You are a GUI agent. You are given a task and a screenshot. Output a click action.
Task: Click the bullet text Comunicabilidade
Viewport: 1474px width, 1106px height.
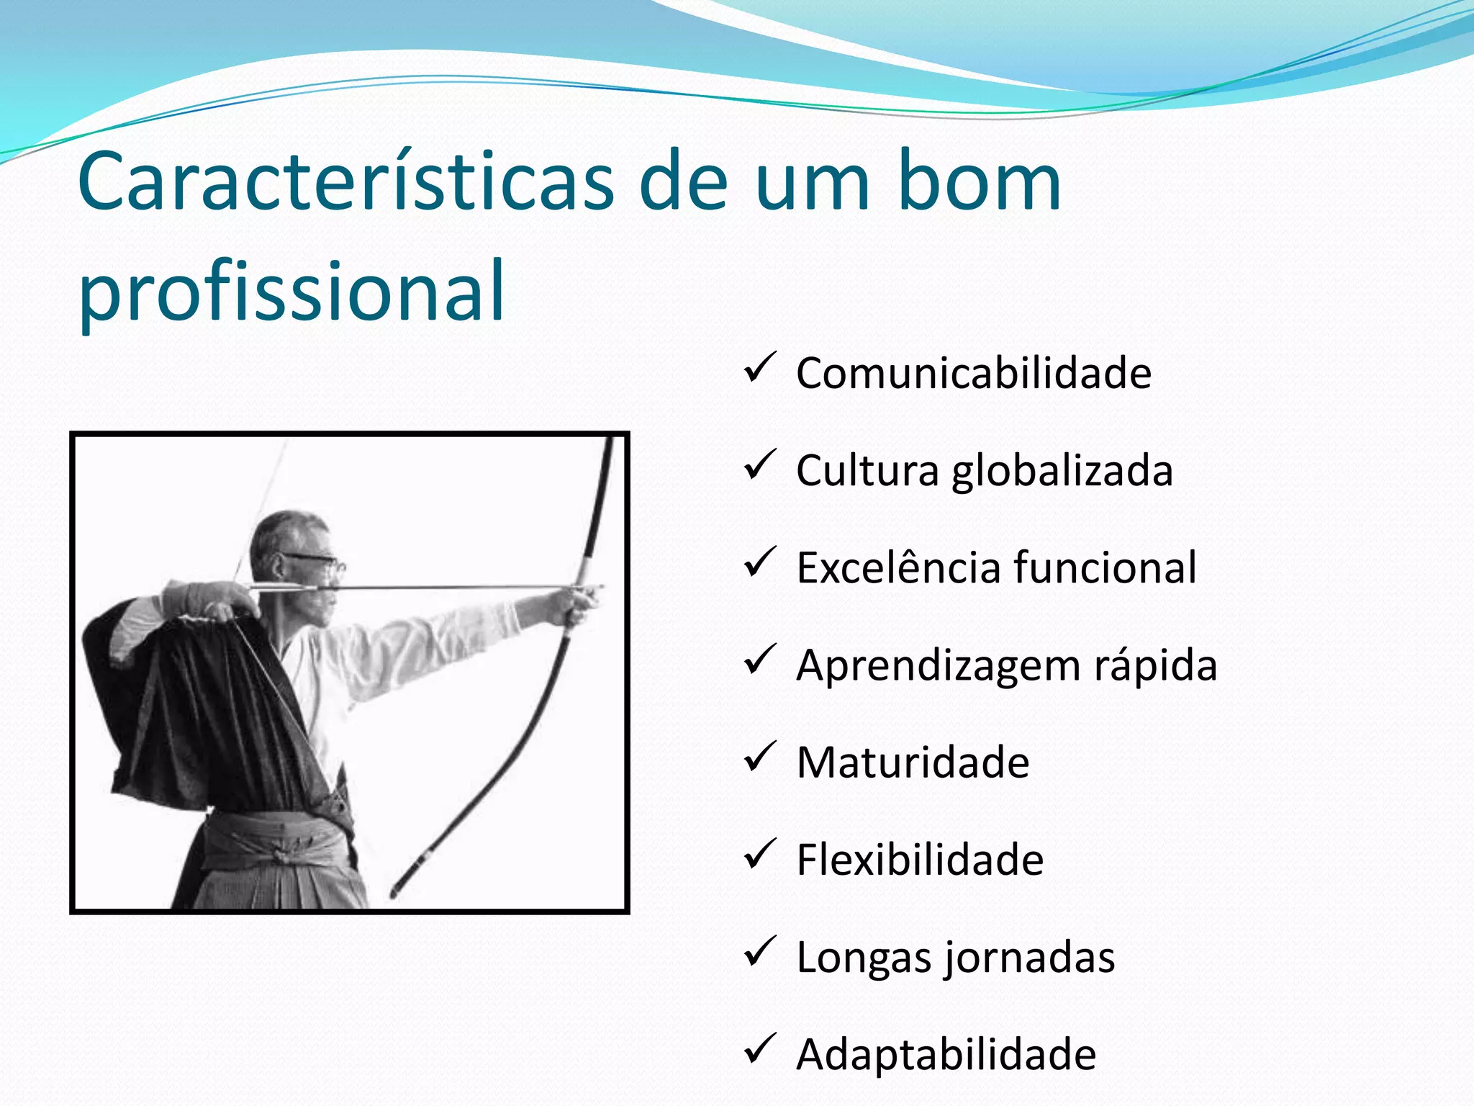click(973, 373)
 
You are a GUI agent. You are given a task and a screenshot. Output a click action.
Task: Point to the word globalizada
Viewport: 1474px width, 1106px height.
click(1062, 471)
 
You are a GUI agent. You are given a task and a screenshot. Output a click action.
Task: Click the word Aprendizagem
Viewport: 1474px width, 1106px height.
click(939, 665)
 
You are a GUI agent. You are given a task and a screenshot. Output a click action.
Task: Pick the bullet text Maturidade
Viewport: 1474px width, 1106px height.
click(913, 763)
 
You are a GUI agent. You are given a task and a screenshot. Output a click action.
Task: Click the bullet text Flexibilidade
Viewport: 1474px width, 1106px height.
click(920, 860)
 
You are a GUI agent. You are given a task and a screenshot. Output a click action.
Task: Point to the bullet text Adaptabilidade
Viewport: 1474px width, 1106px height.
click(946, 1055)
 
